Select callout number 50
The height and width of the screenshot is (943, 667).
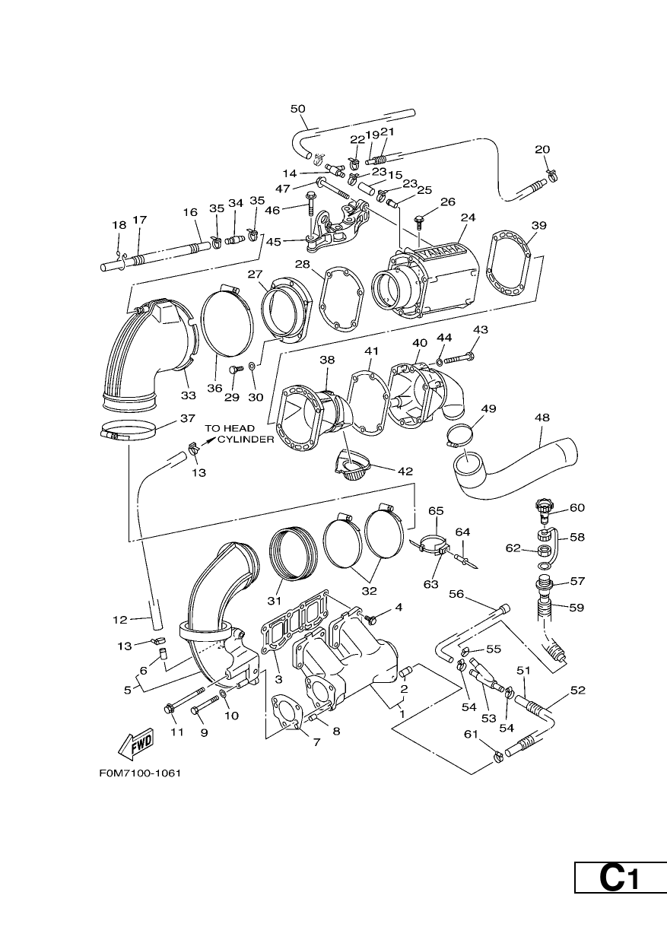[297, 109]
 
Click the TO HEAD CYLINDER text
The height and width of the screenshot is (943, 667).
[239, 433]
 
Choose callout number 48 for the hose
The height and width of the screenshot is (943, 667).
[542, 418]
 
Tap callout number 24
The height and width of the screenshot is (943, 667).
[468, 217]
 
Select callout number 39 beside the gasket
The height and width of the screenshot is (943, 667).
[539, 226]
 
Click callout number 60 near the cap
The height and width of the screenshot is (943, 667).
[577, 508]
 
